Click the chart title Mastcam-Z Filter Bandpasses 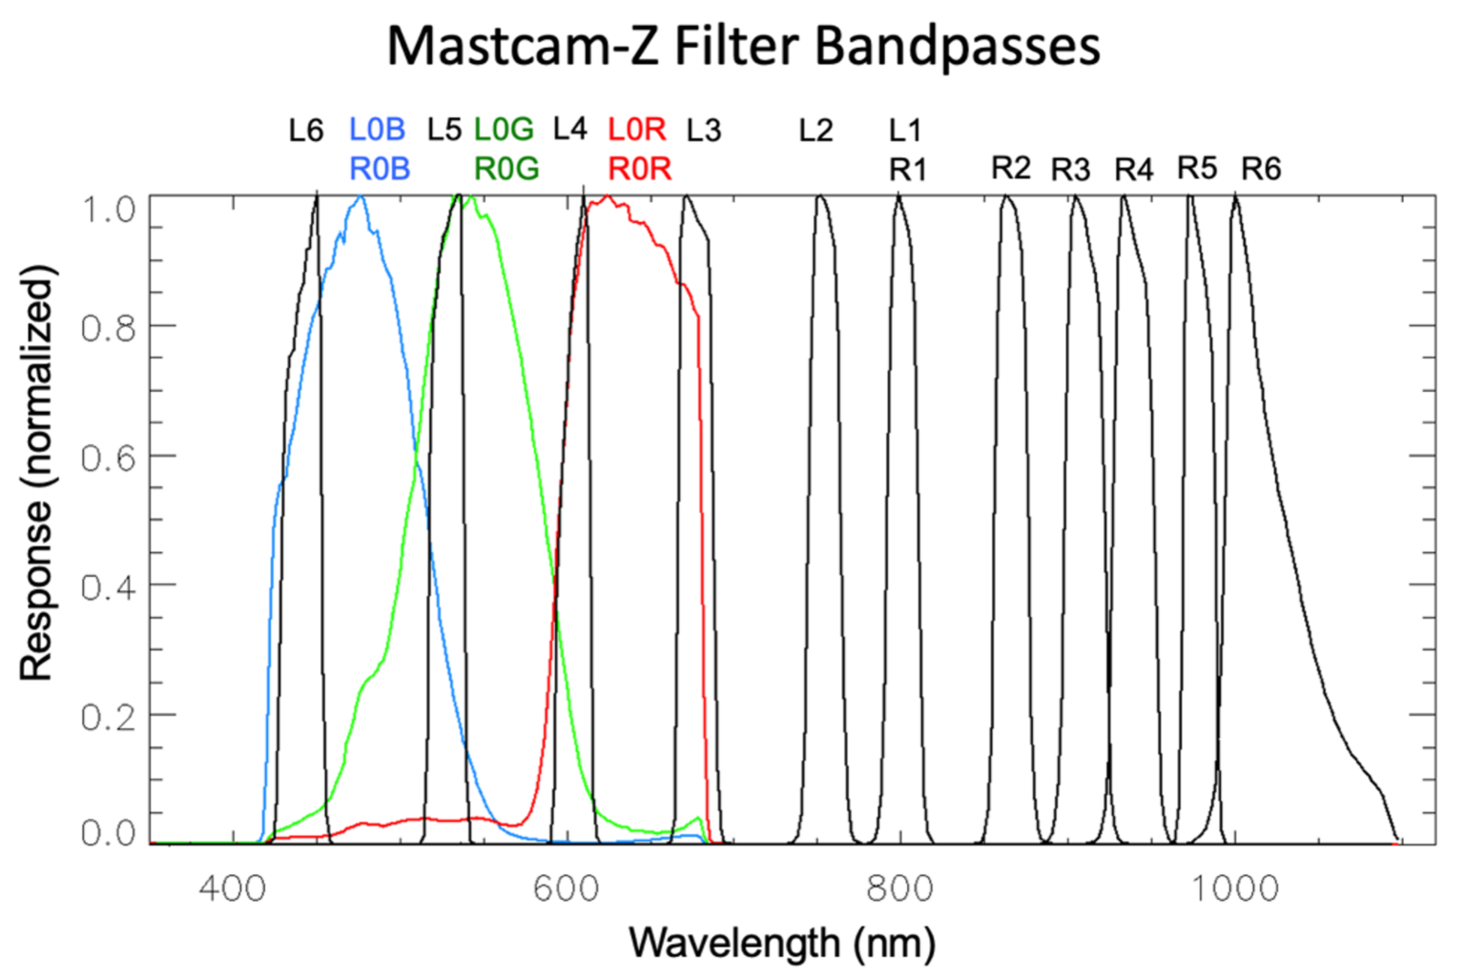pos(743,45)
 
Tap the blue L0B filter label pos(377,129)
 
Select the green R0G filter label pos(506,169)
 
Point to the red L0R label pos(636,129)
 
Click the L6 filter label pos(306,130)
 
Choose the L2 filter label pos(815,130)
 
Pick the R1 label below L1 pos(907,170)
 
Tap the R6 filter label pos(1260,169)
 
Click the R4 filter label pos(1133,170)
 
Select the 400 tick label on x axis pos(232,888)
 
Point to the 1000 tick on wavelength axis pos(1235,888)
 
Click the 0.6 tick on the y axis pos(108,458)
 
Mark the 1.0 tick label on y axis pos(108,209)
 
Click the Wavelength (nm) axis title pos(781,943)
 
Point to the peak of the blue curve pos(361,197)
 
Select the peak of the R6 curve pos(1236,196)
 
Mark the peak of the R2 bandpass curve pos(1006,196)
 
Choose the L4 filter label pos(569,129)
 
